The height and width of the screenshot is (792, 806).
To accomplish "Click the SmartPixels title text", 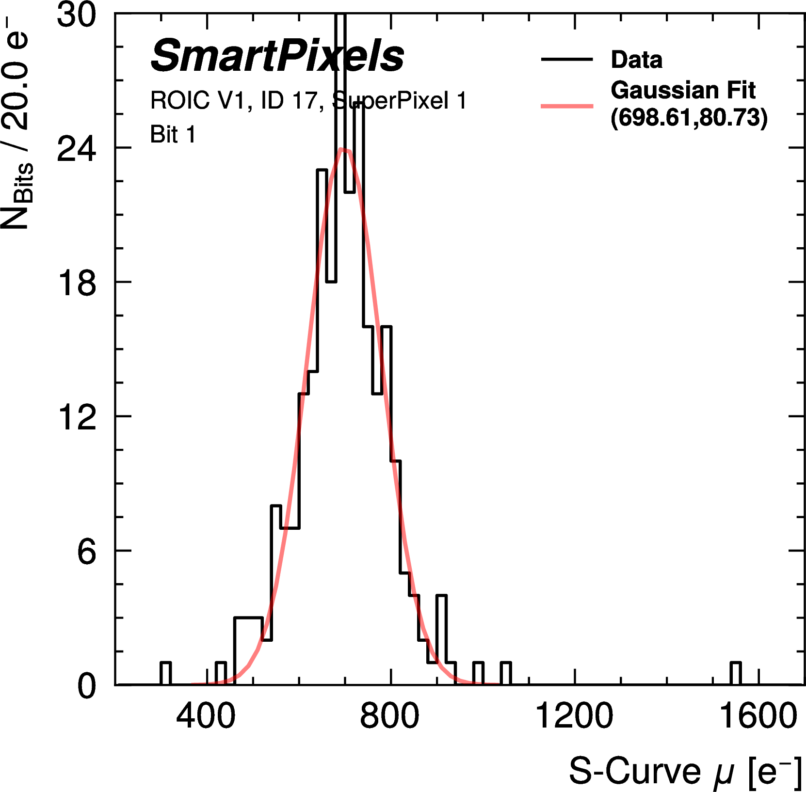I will [277, 56].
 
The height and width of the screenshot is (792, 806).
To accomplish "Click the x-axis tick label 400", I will [206, 716].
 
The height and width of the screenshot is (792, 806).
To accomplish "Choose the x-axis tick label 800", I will [389, 716].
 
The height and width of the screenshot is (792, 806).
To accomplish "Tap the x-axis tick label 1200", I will [574, 716].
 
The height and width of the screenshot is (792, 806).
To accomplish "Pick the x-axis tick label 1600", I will [758, 716].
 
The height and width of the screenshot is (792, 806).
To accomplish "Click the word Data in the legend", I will [636, 60].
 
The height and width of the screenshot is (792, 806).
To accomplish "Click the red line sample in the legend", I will [566, 106].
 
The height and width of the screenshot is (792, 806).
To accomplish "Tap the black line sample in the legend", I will [566, 60].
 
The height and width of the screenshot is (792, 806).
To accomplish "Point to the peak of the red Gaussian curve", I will [342, 150].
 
